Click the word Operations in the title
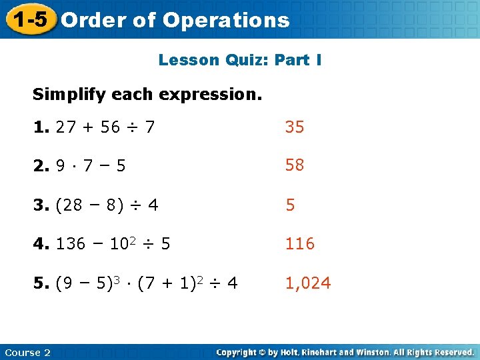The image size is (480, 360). pyautogui.click(x=225, y=20)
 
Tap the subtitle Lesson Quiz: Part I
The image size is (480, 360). pyautogui.click(x=240, y=60)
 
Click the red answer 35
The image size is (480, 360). pyautogui.click(x=295, y=127)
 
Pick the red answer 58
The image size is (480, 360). pyautogui.click(x=295, y=165)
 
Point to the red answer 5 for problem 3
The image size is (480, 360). pyautogui.click(x=290, y=205)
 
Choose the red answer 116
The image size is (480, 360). pyautogui.click(x=300, y=244)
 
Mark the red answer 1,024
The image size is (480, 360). pyautogui.click(x=308, y=283)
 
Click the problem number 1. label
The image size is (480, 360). pyautogui.click(x=41, y=127)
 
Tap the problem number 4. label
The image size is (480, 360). pyautogui.click(x=41, y=244)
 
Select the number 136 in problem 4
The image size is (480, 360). pyautogui.click(x=71, y=244)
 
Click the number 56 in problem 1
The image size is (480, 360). pyautogui.click(x=111, y=127)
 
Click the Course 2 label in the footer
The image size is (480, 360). pyautogui.click(x=27, y=353)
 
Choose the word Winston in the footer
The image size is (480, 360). pyautogui.click(x=376, y=353)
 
